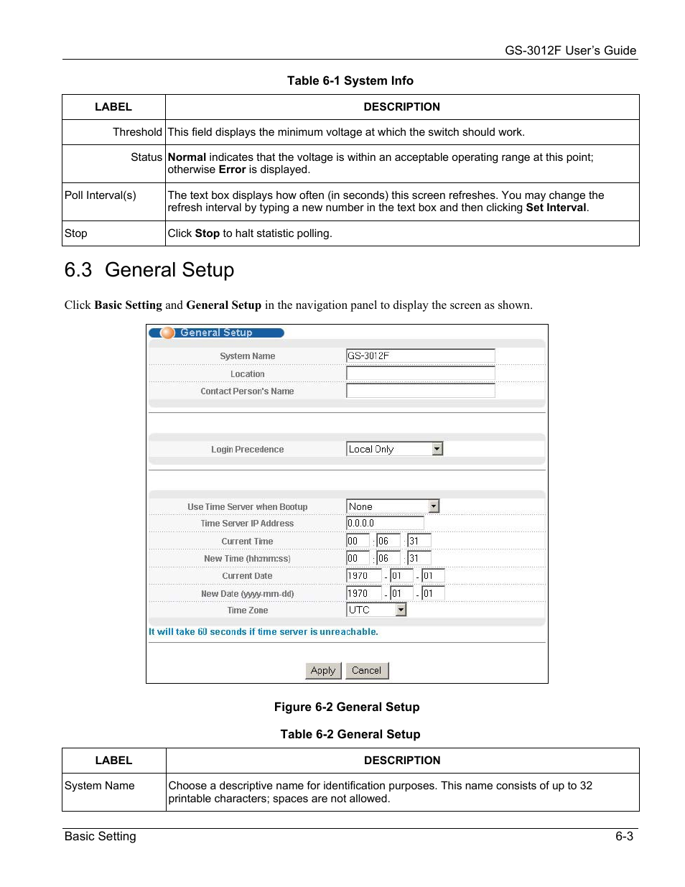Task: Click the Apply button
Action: [323, 670]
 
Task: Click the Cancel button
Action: [366, 670]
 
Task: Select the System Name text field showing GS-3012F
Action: [420, 356]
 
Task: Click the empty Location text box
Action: [420, 373]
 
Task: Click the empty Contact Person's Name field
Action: [420, 391]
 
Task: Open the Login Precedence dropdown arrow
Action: [437, 449]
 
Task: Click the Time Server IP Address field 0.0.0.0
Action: [385, 524]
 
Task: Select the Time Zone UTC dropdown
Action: [376, 610]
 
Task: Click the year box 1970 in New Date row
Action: [363, 593]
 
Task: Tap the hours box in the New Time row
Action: [357, 558]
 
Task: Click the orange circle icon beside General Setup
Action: [168, 333]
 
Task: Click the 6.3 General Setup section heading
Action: [149, 270]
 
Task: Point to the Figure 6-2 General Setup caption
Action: [347, 707]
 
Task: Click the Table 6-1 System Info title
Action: [350, 80]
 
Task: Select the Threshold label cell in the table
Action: [136, 132]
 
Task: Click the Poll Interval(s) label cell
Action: [101, 195]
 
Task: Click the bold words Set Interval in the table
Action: [556, 208]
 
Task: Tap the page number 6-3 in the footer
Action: [624, 836]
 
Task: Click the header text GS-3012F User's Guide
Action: [570, 50]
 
